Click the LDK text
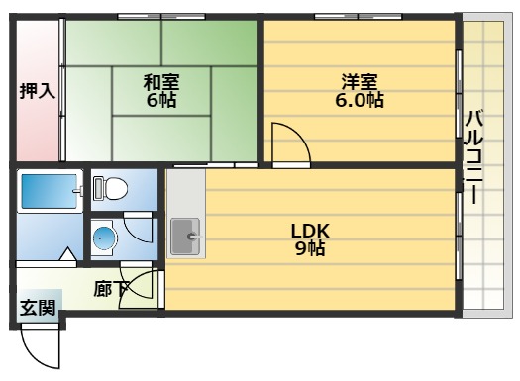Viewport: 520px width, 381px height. [x=309, y=231]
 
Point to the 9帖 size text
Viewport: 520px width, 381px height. [x=309, y=248]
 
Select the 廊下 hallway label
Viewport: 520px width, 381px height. [x=110, y=289]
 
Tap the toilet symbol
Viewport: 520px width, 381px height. [x=111, y=187]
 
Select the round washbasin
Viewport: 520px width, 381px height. [x=105, y=237]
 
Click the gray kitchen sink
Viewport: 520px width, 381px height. [x=184, y=237]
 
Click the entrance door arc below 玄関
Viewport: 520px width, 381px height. [x=40, y=348]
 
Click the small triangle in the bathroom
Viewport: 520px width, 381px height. [x=66, y=256]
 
